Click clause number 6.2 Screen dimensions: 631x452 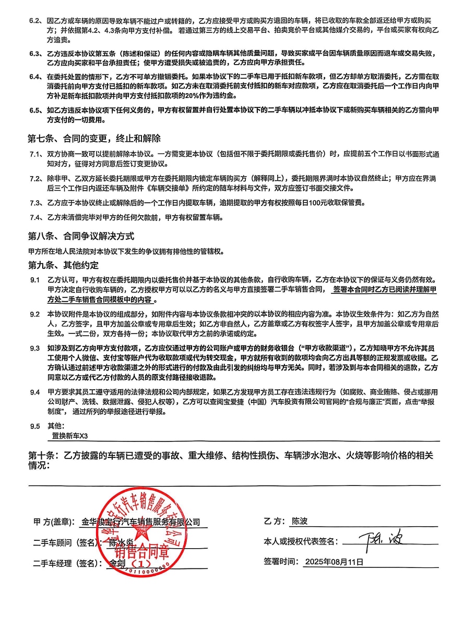[x=35, y=21]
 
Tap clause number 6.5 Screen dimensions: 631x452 [x=35, y=110]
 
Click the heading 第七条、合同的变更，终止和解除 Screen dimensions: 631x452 [x=94, y=139]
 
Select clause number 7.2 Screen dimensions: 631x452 [x=35, y=179]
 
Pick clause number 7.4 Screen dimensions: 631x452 [x=35, y=217]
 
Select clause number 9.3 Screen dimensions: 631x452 [x=35, y=348]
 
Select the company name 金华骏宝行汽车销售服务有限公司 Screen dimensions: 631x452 [x=141, y=522]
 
